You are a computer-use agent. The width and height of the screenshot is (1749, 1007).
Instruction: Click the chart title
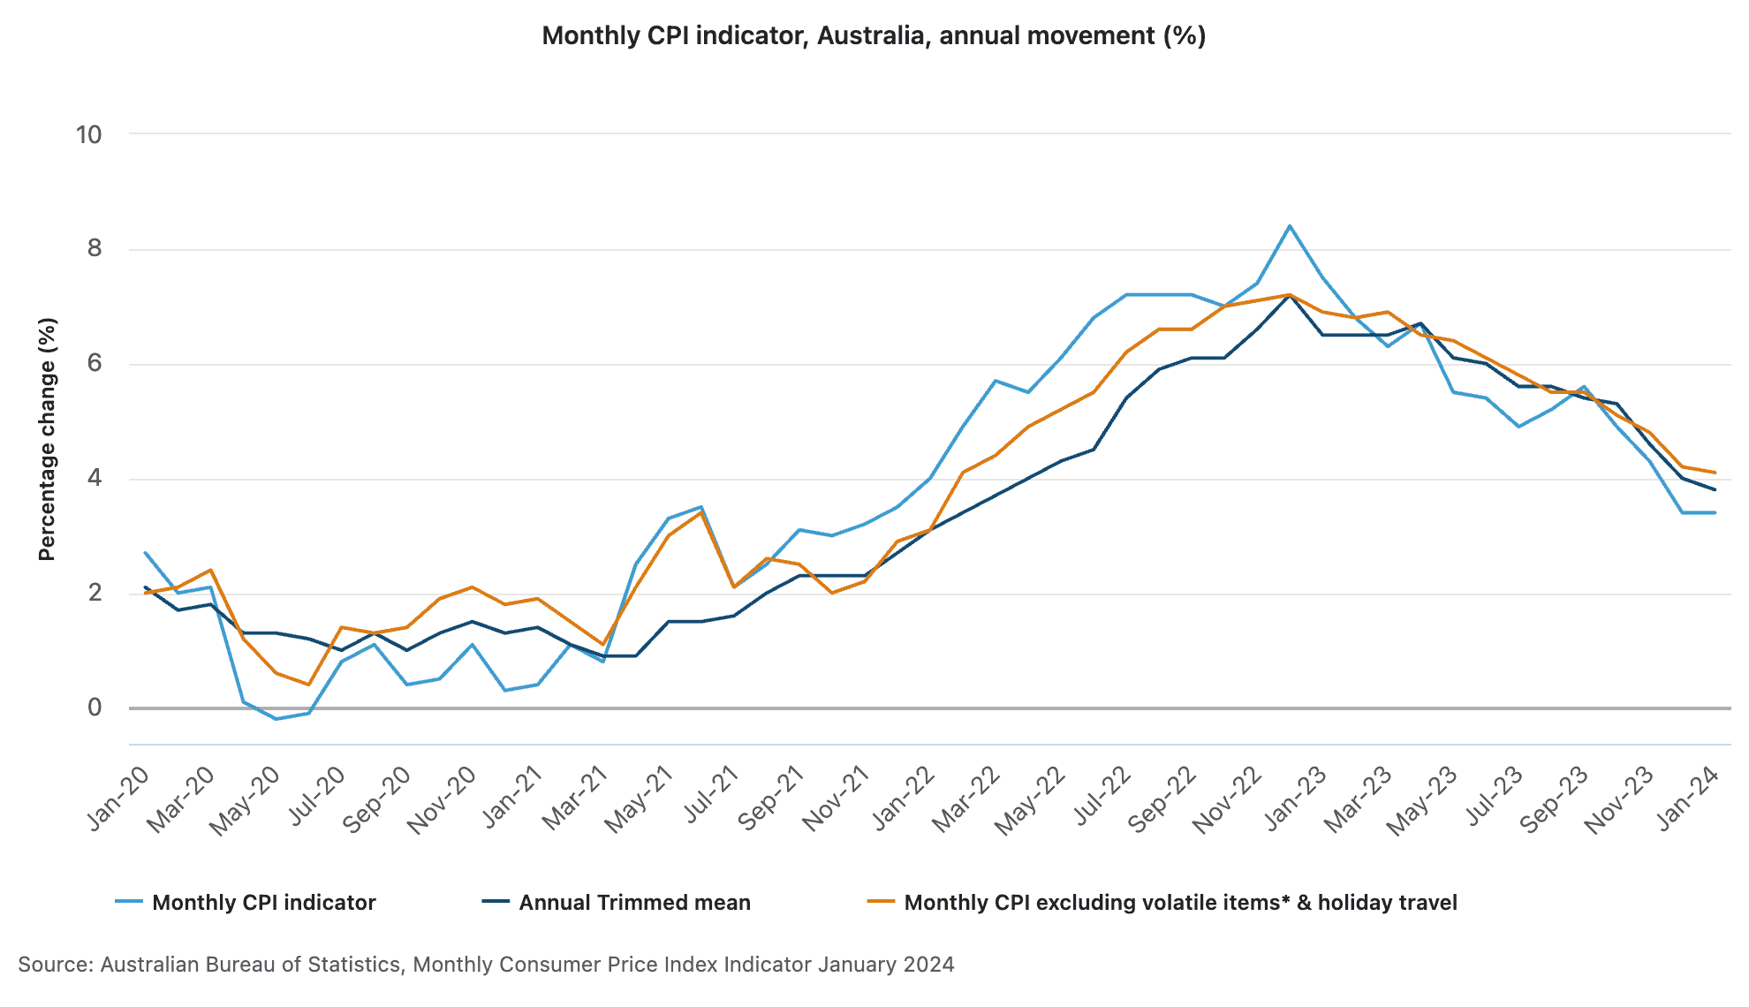point(874,36)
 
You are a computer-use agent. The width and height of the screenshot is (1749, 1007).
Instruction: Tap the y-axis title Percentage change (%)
point(47,439)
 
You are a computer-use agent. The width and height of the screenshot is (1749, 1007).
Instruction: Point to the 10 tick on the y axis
point(88,135)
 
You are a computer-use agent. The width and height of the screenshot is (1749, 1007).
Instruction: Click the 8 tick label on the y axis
point(95,249)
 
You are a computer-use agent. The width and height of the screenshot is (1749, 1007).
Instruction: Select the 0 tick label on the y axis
point(95,708)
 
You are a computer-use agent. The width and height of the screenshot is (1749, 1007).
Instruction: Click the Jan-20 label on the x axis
point(117,800)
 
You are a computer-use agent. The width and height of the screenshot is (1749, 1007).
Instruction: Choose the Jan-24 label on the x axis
point(1687,800)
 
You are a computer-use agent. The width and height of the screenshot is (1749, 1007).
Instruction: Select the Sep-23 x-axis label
point(1555,800)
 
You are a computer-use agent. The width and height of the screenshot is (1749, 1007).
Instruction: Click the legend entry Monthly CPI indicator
point(264,903)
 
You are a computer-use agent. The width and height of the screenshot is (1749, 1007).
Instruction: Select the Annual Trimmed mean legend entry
point(634,903)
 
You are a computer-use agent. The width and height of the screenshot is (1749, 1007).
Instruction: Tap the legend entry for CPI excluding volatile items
point(1180,903)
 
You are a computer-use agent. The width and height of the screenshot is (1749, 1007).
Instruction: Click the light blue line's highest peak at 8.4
point(1290,226)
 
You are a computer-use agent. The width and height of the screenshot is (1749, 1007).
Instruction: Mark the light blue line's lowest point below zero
point(276,719)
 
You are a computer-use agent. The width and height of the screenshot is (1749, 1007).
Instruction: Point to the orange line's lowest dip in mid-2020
point(309,685)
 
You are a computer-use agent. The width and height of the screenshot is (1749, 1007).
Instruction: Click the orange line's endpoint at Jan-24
point(1715,473)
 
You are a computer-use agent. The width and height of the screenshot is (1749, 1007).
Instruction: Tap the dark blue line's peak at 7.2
point(1290,295)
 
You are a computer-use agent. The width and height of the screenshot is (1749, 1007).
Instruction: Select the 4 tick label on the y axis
point(95,479)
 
